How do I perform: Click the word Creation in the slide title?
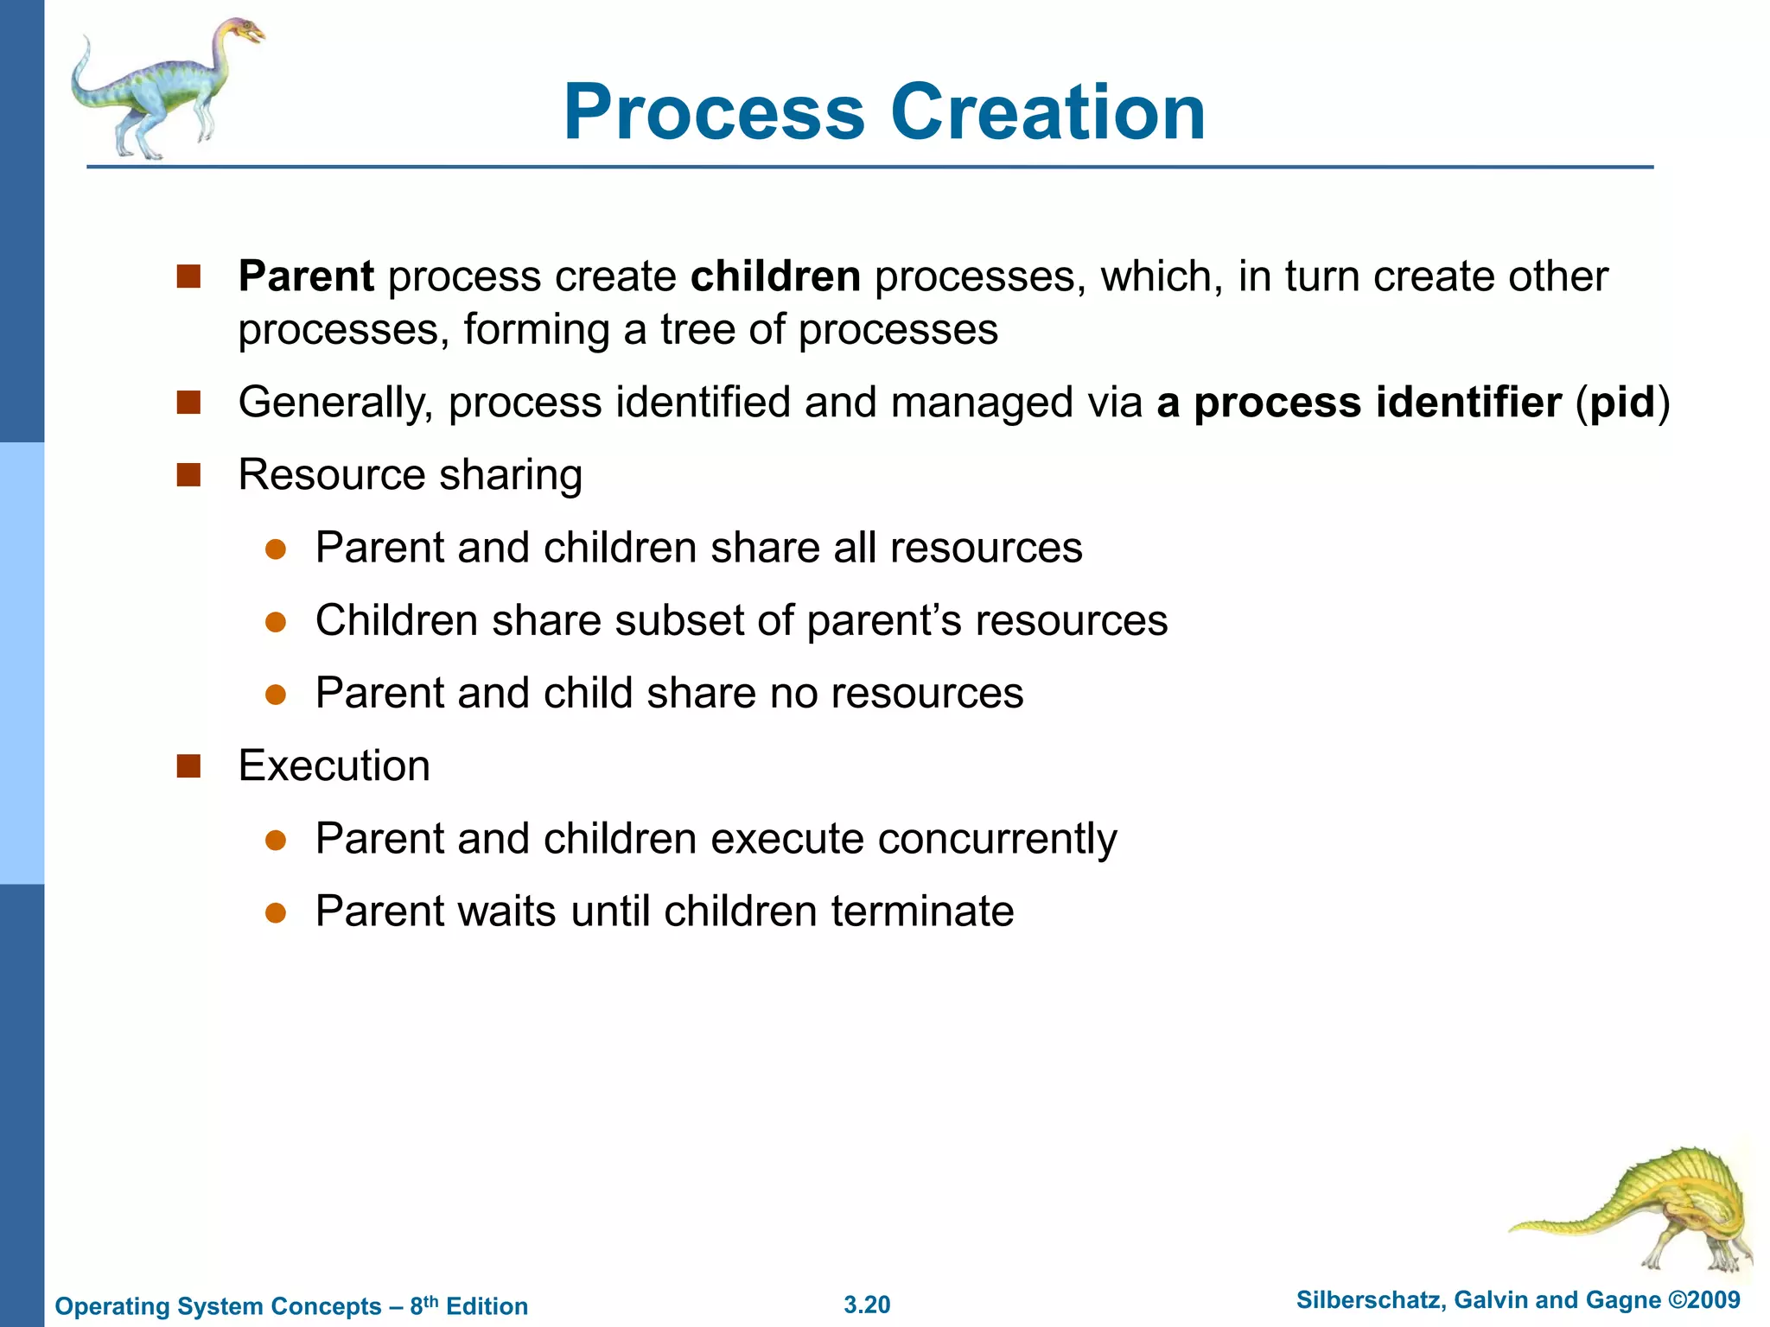(1047, 112)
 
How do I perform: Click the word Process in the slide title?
(714, 112)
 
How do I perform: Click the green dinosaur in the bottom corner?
(1642, 1210)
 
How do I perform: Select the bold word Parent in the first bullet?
(306, 276)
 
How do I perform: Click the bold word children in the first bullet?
(775, 276)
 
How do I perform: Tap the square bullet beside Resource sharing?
(188, 475)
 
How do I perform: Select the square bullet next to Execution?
(188, 765)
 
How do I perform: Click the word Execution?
(334, 765)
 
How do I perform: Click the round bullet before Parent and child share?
(276, 695)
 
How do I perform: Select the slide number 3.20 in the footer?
(867, 1305)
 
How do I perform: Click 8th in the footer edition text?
(423, 1305)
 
